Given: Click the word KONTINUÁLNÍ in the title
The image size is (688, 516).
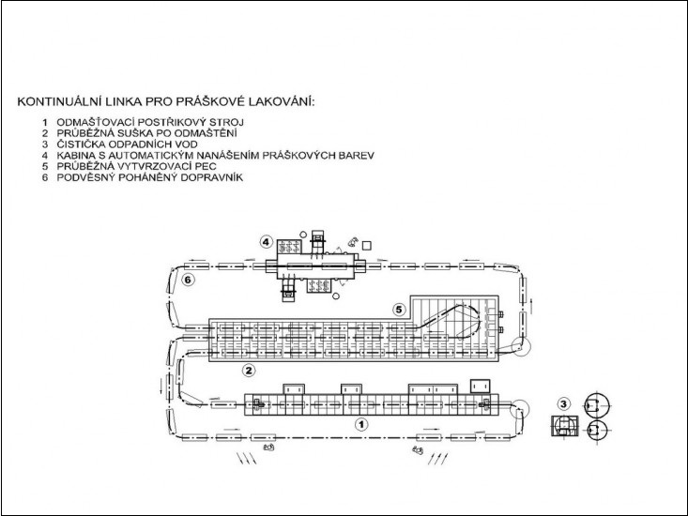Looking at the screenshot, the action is (x=61, y=101).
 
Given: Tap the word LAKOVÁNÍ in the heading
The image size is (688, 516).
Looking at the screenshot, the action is (x=282, y=101).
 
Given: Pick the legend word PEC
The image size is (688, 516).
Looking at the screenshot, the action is (x=206, y=166).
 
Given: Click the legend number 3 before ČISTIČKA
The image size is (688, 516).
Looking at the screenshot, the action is (x=45, y=144).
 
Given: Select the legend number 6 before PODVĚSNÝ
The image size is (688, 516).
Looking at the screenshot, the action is (x=45, y=177).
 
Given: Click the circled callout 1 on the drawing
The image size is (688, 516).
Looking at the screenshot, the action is (x=361, y=424).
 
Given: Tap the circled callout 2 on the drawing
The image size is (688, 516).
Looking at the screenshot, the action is (x=249, y=371).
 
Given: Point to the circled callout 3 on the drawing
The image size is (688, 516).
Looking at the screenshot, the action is (x=564, y=403).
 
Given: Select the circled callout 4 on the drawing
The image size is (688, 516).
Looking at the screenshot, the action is (x=267, y=241).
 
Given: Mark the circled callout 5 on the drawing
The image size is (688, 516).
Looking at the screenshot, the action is (x=398, y=310).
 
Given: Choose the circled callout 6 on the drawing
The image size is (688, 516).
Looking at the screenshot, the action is (x=189, y=280).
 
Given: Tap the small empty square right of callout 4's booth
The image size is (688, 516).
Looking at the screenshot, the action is (x=367, y=246).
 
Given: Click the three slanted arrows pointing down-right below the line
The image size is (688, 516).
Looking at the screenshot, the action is (x=247, y=458).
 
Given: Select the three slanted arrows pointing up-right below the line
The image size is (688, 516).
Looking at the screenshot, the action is (x=438, y=459).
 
